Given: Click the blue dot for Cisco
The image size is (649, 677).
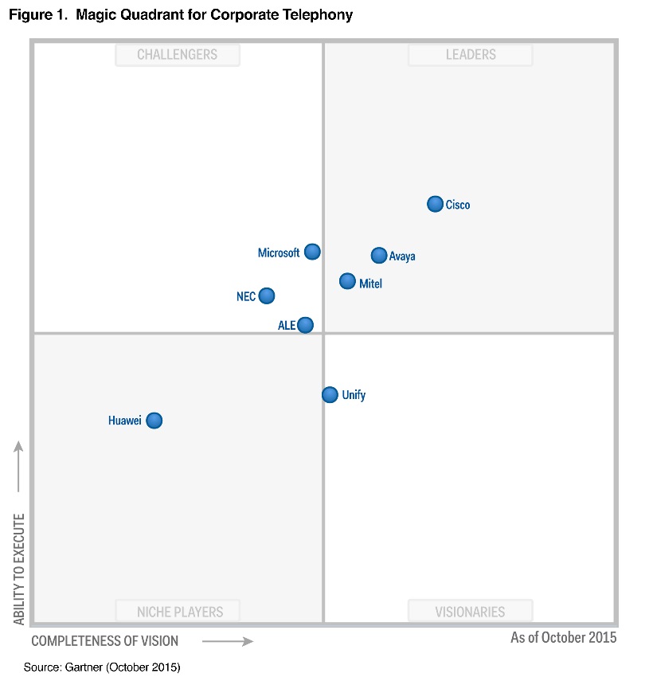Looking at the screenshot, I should tap(435, 204).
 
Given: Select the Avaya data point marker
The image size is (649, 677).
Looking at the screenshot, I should tap(379, 255).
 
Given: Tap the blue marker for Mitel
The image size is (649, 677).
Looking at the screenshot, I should tap(347, 280).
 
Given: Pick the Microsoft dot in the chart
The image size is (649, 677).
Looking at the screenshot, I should tap(312, 252).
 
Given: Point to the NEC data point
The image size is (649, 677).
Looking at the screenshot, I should tap(267, 295).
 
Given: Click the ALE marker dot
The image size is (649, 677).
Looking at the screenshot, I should tap(305, 324).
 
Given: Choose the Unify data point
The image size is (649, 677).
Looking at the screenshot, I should tap(330, 394).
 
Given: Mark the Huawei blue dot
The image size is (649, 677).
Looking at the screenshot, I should tap(154, 420).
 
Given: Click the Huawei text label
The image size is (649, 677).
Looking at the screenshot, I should tap(125, 421).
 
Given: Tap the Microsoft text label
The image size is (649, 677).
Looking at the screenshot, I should tap(279, 252).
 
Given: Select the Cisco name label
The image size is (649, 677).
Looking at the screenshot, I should tap(458, 205).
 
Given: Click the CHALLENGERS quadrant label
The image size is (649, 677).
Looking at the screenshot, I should tap(177, 55).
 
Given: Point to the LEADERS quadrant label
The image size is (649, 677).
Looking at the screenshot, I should tap(470, 55).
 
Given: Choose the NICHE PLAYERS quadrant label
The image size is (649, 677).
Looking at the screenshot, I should tap(180, 612).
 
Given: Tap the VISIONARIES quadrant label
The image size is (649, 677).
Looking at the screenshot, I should tap(470, 612).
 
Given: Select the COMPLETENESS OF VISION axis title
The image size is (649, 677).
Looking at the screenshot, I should tap(105, 641).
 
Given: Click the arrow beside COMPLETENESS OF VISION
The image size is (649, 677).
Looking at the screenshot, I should tap(228, 641).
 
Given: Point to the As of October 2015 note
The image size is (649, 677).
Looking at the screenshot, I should tap(563, 637).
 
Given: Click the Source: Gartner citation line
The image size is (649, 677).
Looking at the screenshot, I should tap(102, 667).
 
